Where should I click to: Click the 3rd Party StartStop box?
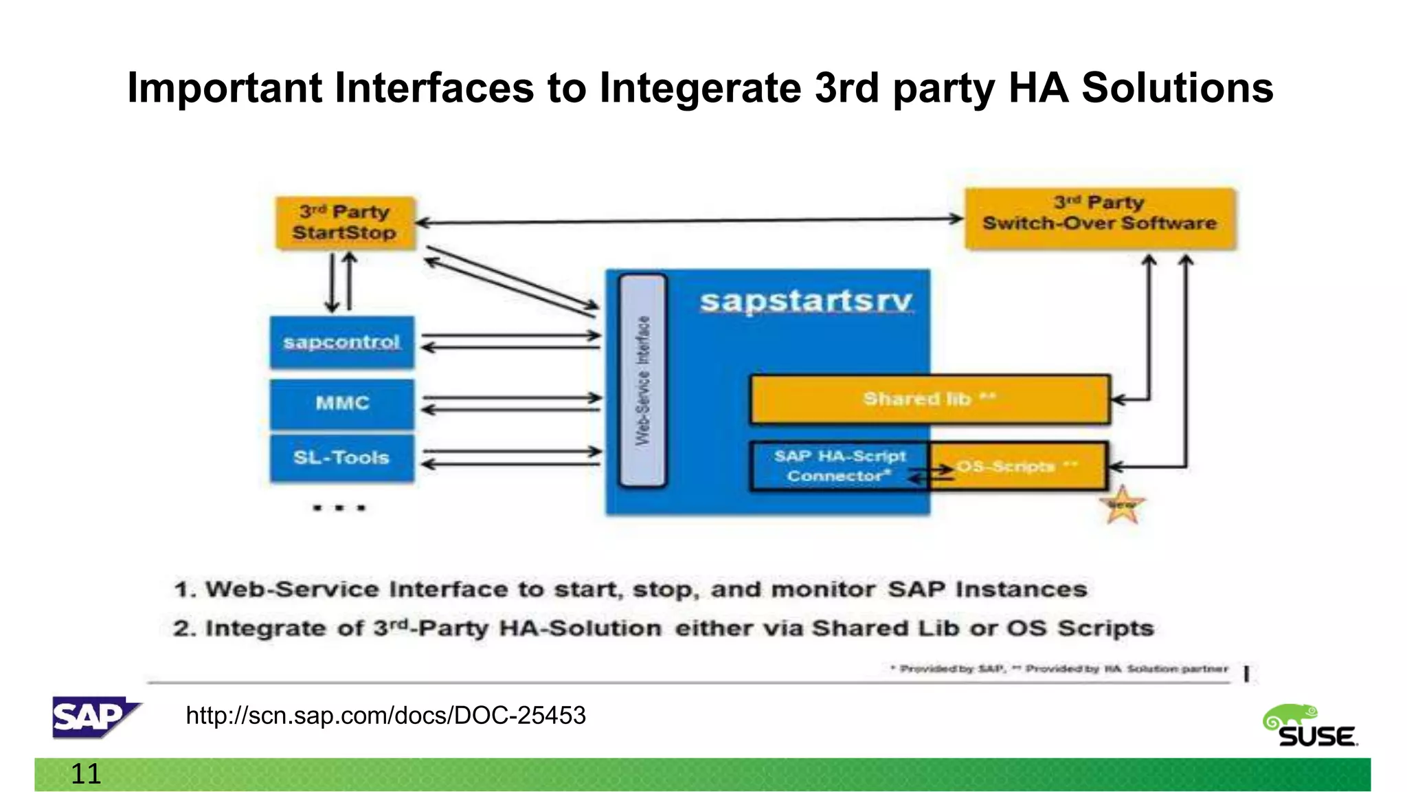(345, 223)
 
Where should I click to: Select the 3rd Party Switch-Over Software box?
(1099, 219)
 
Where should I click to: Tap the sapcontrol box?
(341, 342)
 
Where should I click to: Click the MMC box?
(341, 404)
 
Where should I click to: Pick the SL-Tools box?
(341, 458)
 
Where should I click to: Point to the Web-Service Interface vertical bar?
(642, 381)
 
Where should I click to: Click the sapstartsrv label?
(805, 301)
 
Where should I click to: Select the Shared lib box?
(929, 399)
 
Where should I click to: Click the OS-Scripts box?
(1017, 466)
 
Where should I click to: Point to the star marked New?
(1122, 505)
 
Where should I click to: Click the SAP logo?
(95, 717)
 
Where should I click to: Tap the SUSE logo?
(1311, 726)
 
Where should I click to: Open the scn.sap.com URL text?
(385, 716)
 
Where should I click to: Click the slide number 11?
(86, 774)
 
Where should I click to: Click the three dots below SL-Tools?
(339, 508)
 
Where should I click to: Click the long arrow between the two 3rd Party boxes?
(687, 221)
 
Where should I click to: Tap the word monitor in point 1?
(822, 590)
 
